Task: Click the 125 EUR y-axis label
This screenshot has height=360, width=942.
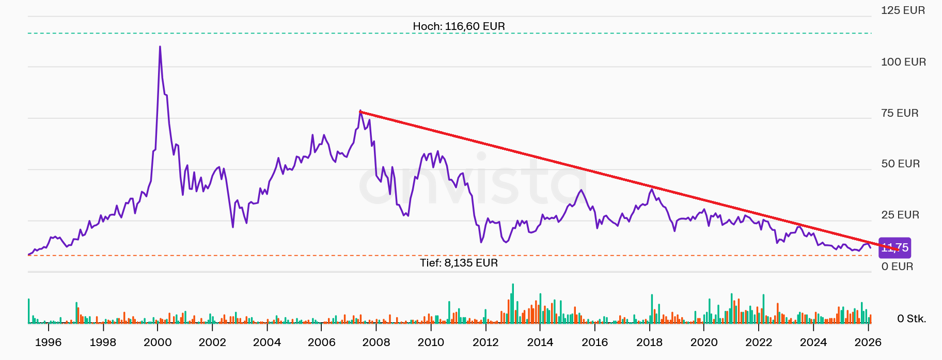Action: click(x=903, y=10)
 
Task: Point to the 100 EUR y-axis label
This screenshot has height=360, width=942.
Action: click(x=903, y=62)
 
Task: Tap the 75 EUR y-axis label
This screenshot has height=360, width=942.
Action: click(x=900, y=113)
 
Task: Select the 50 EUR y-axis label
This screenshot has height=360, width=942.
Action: click(x=900, y=164)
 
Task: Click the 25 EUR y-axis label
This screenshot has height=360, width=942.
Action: click(x=900, y=215)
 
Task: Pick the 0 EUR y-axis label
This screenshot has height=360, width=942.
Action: click(x=897, y=267)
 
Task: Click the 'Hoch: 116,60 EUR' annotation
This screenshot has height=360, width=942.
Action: click(x=459, y=26)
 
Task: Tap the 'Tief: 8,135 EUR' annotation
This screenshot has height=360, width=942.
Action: click(x=459, y=263)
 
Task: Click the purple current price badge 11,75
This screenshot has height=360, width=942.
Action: click(x=896, y=248)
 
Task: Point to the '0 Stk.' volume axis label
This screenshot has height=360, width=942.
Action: click(x=912, y=319)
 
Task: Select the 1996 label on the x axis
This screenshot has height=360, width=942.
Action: click(x=48, y=342)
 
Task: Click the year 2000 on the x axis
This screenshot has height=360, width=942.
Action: click(x=158, y=342)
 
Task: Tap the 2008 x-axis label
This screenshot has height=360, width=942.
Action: click(x=376, y=342)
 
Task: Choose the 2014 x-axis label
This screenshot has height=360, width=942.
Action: click(x=540, y=342)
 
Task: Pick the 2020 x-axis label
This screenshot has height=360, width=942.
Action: click(x=704, y=342)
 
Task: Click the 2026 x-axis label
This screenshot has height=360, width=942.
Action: click(x=868, y=342)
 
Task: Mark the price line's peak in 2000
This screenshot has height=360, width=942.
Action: click(x=160, y=47)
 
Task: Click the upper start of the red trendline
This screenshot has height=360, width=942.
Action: click(x=360, y=112)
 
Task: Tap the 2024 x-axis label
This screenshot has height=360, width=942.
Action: click(x=813, y=342)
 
